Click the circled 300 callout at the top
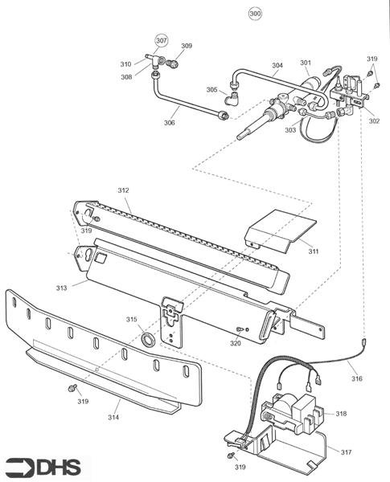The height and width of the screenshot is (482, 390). point(255,14)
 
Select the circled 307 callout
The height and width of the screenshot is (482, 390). point(162,40)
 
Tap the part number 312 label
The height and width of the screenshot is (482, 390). point(124,190)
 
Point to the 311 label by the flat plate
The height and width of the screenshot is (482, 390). point(314,251)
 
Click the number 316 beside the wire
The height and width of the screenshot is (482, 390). point(357,378)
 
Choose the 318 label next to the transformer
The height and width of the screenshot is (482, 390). point(341,414)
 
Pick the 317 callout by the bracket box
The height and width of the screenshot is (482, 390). point(346,452)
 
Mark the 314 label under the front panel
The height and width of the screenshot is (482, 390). point(113,417)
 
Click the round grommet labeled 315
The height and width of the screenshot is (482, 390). point(147,339)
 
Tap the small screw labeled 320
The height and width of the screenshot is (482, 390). point(240,329)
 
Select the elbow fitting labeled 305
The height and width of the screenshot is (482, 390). point(232,98)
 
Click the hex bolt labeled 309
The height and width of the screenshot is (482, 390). point(173,64)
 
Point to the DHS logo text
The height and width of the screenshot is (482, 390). point(59,467)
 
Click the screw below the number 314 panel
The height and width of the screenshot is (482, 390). point(72,388)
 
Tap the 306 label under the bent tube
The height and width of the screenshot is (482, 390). point(170,123)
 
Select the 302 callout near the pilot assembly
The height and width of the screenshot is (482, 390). point(374,121)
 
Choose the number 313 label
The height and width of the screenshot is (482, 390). point(61,288)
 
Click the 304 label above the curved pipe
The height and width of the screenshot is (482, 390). point(277,65)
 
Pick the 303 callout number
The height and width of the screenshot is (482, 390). point(290,130)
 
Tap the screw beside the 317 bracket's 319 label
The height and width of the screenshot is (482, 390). point(231,455)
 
